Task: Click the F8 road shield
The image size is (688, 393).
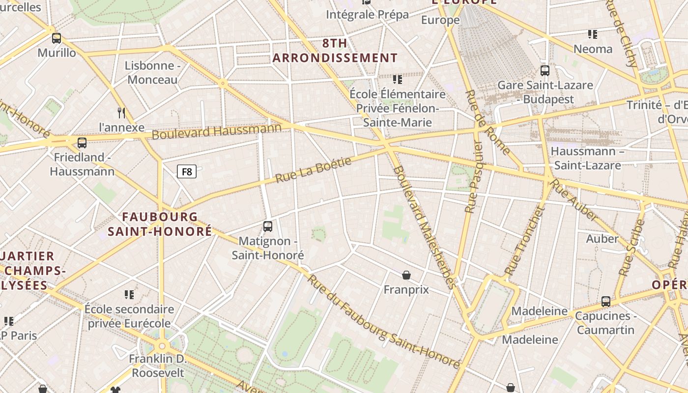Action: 187,171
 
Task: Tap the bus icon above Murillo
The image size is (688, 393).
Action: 57,38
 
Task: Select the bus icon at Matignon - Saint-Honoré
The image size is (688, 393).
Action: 268,226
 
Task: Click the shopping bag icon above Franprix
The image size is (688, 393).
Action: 406,275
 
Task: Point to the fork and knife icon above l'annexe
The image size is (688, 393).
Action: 122,113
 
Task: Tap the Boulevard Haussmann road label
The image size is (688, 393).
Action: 216,131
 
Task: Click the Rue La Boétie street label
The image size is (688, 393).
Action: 314,170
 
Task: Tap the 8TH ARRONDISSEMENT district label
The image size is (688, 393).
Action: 335,51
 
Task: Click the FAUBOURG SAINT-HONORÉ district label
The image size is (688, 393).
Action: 160,224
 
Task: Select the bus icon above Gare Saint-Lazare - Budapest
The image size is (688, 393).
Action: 545,70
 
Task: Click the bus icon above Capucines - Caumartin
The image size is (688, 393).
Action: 606,301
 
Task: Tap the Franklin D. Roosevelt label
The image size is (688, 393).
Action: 157,366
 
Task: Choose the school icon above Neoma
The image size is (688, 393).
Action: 593,34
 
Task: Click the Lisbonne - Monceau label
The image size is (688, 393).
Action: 152,73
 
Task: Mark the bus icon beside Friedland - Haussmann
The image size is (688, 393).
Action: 82,143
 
